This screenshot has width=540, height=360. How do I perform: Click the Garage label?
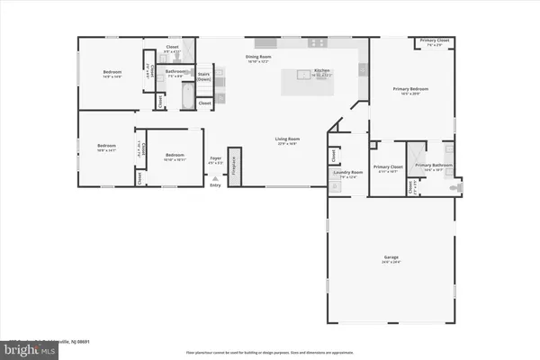click(x=391, y=258)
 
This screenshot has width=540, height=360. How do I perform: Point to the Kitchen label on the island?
click(x=322, y=72)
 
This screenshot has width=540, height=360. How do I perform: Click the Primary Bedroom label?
click(x=409, y=90)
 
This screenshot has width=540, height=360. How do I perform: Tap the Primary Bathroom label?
click(x=434, y=166)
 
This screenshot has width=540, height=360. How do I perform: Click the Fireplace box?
click(x=234, y=167)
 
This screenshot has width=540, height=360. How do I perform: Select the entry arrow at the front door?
click(x=214, y=179)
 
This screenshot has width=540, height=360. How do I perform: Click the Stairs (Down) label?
click(x=204, y=77)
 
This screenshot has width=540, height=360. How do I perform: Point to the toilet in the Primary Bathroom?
click(x=454, y=186)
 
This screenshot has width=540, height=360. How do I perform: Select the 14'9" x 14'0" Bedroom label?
click(x=112, y=73)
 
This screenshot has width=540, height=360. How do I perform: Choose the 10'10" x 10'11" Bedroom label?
click(x=175, y=157)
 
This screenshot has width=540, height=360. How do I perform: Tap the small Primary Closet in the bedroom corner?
click(x=434, y=41)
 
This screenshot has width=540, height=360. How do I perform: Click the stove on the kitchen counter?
click(x=318, y=43)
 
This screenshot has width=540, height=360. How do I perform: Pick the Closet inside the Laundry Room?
click(x=335, y=157)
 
